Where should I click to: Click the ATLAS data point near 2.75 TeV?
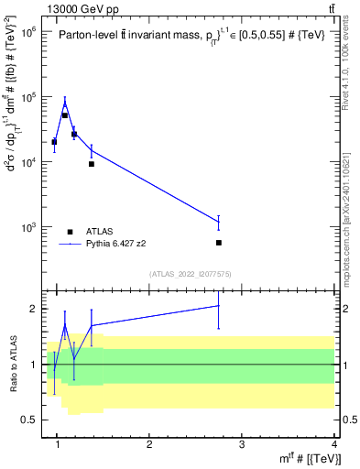(x=219, y=243)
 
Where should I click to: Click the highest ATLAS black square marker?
(x=65, y=115)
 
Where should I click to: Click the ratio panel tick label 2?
(x=31, y=309)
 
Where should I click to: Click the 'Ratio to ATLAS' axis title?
(x=11, y=364)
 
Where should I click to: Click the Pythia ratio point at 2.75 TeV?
(x=219, y=306)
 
